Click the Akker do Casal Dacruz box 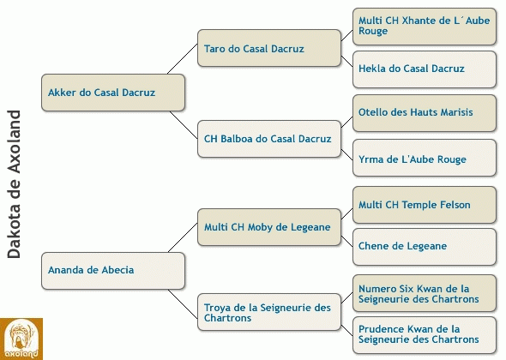tap(113, 93)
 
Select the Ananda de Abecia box tap(113, 271)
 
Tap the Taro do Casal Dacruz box tap(269, 48)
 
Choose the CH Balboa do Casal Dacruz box tap(269, 139)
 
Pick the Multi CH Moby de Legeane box tap(269, 227)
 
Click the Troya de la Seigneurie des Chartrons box tap(269, 312)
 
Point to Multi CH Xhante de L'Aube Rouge tap(425, 27)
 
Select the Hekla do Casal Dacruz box tap(425, 69)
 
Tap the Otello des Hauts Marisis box tap(425, 113)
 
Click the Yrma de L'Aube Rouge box tap(425, 158)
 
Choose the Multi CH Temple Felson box tap(425, 205)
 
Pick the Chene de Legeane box tap(425, 247)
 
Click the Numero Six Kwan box tap(425, 293)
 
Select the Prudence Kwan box tap(425, 335)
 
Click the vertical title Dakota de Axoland tap(14, 184)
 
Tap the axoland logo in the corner tap(21, 339)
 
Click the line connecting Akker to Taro tap(183, 58)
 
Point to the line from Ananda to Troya tap(183, 304)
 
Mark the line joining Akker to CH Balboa tap(184, 125)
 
